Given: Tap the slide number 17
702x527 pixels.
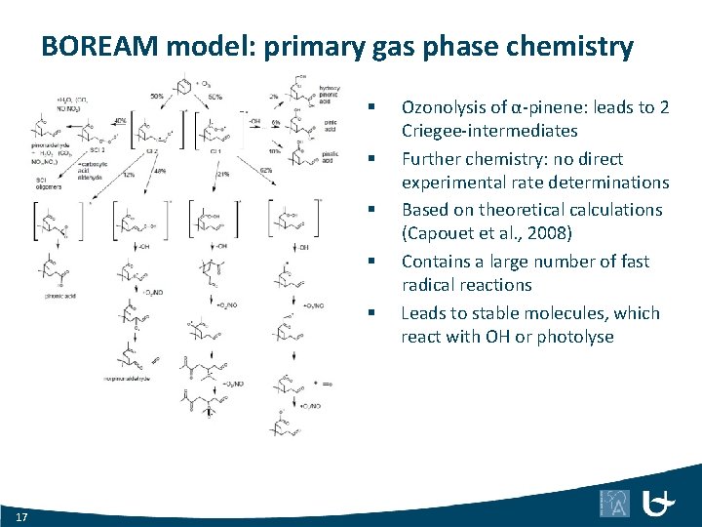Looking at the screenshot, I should coord(21,515).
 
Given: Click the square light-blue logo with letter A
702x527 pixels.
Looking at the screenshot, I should coord(614,503).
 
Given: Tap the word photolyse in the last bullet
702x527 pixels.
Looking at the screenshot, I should coord(575,337).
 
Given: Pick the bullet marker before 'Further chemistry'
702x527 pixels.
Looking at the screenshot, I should coord(371,158).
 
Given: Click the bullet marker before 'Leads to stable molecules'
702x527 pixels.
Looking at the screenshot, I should coord(371,313).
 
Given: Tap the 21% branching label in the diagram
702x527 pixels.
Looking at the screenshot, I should coord(223,174).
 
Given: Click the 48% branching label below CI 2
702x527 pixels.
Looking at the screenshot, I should coord(158,170).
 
